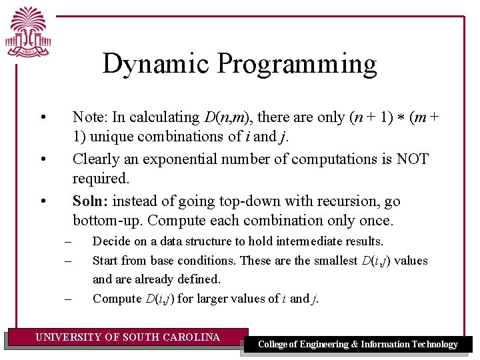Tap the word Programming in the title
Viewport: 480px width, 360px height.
tap(297, 64)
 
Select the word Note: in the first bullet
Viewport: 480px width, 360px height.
tap(90, 117)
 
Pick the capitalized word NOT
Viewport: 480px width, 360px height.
tap(413, 159)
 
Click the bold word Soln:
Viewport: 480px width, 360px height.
tap(91, 201)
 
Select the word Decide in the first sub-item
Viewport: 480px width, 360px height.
tap(111, 241)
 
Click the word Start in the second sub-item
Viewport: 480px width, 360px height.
tap(105, 261)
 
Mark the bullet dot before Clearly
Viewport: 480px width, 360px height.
tap(42, 159)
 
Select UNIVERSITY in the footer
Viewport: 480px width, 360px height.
tap(69, 337)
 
